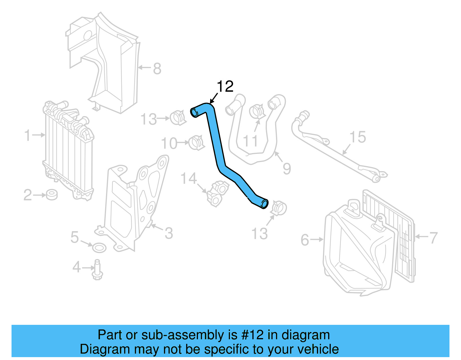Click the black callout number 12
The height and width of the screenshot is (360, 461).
[x=225, y=86]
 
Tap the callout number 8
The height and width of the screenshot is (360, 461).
[x=157, y=69]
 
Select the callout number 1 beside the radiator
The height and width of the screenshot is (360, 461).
[x=27, y=135]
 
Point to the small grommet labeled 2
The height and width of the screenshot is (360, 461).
[x=52, y=195]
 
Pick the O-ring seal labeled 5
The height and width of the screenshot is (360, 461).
[x=99, y=247]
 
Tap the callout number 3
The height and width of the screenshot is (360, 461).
[x=169, y=233]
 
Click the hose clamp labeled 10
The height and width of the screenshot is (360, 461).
[x=197, y=142]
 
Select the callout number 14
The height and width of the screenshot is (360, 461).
[x=188, y=178]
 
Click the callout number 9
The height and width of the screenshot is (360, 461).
[x=287, y=169]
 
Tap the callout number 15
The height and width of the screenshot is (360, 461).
[x=358, y=137]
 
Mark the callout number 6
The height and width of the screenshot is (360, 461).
[x=305, y=240]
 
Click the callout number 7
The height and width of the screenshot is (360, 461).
[x=433, y=238]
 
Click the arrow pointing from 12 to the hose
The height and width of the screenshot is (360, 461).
[x=214, y=98]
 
